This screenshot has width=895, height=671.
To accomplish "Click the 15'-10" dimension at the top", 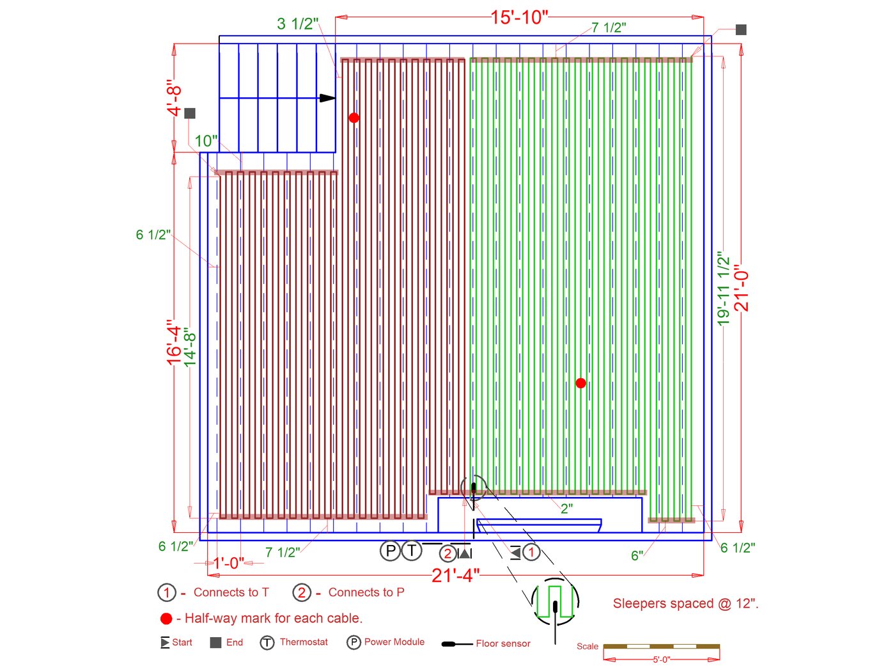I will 519,17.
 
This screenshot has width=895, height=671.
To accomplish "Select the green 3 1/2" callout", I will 297,24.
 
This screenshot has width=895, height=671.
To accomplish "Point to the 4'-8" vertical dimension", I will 175,98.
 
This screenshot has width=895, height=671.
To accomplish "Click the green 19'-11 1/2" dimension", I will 724,288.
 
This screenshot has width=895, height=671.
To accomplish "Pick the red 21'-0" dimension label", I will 742,288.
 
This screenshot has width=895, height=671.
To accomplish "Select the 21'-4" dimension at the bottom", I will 455,575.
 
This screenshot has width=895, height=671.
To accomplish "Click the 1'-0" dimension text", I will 228,563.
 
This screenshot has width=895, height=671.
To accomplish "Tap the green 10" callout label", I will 206,141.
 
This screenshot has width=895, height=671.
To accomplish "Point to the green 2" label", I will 566,509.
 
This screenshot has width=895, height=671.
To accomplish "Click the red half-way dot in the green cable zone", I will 580,383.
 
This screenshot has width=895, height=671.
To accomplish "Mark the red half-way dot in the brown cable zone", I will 354,118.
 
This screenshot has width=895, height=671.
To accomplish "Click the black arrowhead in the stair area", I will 327,98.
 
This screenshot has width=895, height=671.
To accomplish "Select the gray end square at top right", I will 741,29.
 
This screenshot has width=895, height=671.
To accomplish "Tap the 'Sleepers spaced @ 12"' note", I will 685,603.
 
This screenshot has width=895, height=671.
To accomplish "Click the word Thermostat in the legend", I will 304,642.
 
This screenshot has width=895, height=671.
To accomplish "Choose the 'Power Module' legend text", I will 394,642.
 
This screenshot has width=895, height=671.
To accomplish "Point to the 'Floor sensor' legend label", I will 503,643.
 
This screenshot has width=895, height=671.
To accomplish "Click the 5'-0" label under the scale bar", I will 661,659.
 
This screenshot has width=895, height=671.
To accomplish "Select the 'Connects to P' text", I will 366,592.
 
